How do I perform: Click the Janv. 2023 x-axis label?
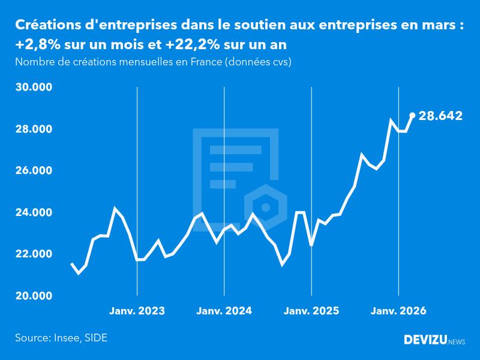coord(137,311)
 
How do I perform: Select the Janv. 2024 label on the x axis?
coord(224,311)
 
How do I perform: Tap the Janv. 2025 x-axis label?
coord(311,311)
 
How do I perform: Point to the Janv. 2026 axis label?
coord(398,311)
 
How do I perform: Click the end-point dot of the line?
coord(412,115)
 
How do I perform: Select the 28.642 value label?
coord(440,116)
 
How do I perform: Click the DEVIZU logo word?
coord(425,340)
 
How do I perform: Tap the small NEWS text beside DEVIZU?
coord(457,342)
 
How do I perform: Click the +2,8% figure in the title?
coord(38,44)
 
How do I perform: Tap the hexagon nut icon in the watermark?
coord(265,208)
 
